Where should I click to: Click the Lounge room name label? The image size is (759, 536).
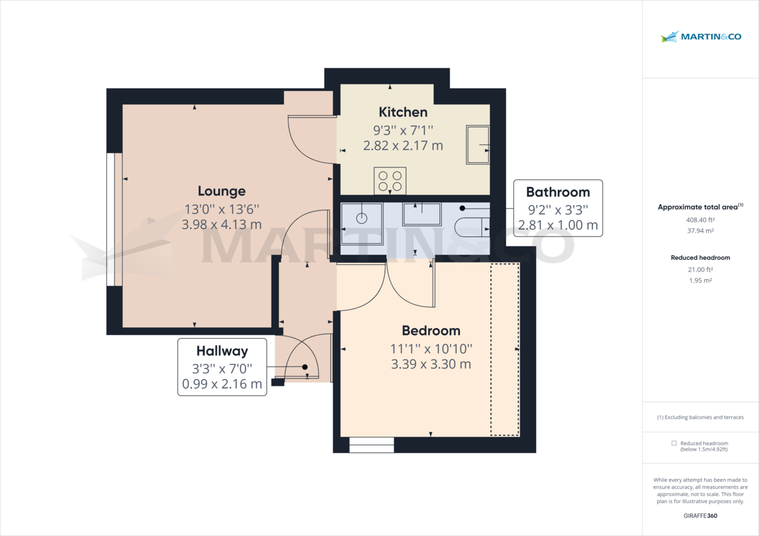tap(221, 191)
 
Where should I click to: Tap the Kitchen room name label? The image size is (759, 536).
tap(403, 112)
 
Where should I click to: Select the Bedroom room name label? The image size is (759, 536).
tap(431, 331)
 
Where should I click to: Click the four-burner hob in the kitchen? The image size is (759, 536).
tap(390, 180)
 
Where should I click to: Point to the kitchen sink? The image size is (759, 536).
tap(478, 145)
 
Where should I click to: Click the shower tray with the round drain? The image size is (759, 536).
tap(362, 222)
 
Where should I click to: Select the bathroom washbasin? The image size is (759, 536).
tap(421, 214)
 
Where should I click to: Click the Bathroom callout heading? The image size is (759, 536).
tap(558, 192)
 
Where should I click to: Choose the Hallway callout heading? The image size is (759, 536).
tap(221, 351)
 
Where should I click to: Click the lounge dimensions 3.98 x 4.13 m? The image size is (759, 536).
tap(221, 224)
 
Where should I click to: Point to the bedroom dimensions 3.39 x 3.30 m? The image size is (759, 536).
tap(431, 364)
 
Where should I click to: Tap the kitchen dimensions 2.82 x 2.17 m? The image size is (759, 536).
tap(403, 145)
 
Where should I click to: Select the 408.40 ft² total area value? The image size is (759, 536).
tap(700, 220)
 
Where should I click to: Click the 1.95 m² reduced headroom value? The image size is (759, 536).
tap(700, 281)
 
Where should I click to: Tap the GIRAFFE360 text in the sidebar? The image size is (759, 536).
tap(700, 516)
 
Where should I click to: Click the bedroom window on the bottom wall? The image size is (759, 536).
tap(371, 445)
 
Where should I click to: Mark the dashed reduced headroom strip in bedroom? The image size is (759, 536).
tap(505, 350)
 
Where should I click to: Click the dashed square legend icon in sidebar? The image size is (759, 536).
tap(674, 444)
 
